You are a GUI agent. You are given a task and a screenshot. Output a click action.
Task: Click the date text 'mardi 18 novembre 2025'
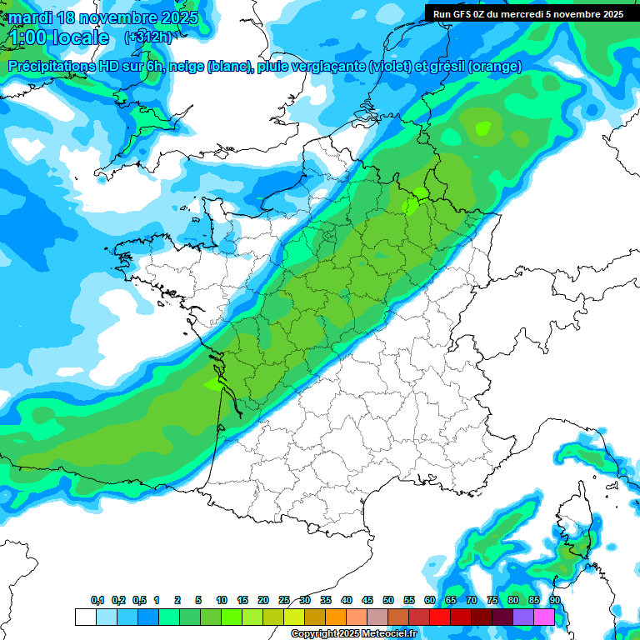pyautogui.click(x=103, y=17)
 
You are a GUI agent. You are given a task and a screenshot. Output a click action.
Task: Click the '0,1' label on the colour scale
pyautogui.click(x=97, y=600)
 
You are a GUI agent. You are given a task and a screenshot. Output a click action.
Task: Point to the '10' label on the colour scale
pyautogui.click(x=222, y=600)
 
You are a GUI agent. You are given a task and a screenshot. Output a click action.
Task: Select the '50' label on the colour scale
pyautogui.click(x=388, y=600)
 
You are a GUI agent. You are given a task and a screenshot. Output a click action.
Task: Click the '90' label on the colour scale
pyautogui.click(x=554, y=600)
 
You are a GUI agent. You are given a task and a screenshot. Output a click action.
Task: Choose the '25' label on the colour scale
pyautogui.click(x=284, y=600)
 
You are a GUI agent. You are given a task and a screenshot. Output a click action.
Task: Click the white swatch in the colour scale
pyautogui.click(x=85, y=617)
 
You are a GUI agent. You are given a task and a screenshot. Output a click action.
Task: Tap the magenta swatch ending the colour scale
pyautogui.click(x=543, y=617)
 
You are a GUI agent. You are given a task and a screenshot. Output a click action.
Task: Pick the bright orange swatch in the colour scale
pyautogui.click(x=335, y=617)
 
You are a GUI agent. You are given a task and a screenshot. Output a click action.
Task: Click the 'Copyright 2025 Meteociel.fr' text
pyautogui.click(x=353, y=633)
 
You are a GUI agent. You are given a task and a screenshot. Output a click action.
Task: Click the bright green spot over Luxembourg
pyautogui.click(x=414, y=202)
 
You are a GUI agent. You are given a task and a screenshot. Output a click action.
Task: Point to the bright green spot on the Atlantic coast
pyautogui.click(x=214, y=384)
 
